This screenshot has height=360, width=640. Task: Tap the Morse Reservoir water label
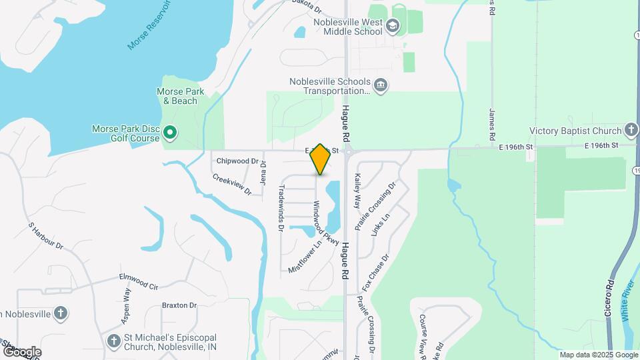150,25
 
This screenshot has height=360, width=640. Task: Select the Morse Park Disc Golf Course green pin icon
169,133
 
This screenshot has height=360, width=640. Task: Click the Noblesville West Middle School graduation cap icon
393,27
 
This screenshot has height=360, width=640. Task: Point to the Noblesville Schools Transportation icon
381,85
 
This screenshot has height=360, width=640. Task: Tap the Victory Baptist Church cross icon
631,131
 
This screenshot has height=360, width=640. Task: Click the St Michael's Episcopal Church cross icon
114,341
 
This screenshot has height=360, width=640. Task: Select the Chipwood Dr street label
237,161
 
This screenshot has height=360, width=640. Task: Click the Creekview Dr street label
232,185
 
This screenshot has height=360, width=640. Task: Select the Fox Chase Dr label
375,273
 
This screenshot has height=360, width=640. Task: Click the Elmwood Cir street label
139,281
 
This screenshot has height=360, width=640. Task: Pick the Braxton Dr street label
179,306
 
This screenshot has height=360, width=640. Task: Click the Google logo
21,351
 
